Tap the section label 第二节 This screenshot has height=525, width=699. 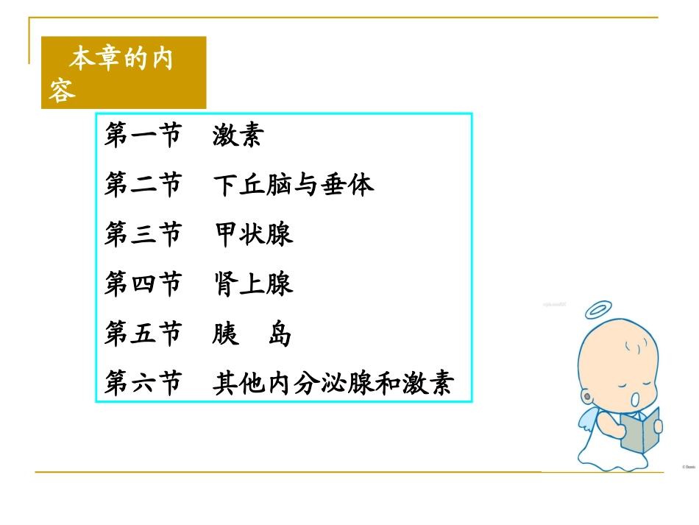tap(143, 184)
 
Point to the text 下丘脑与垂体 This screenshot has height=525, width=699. tap(294, 184)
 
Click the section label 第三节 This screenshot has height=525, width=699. tap(143, 234)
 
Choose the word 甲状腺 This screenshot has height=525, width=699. tap(253, 234)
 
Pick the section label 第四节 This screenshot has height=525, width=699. tap(143, 284)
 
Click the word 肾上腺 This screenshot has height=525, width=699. tap(253, 284)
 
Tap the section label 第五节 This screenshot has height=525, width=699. tap(143, 334)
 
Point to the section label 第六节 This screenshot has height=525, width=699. tap(143, 384)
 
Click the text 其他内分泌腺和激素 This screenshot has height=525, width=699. tap(333, 384)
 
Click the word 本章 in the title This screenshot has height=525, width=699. tap(95, 58)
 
